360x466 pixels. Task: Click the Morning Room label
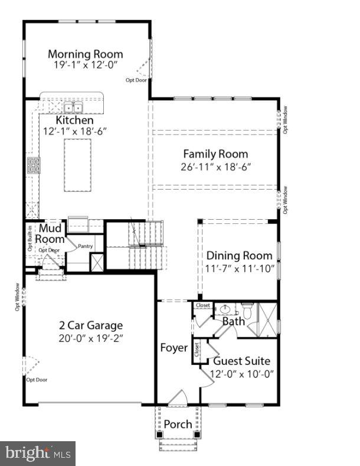86,54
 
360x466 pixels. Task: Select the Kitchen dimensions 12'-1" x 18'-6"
74,131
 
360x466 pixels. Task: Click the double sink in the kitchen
73,107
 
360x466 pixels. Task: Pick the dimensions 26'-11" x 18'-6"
215,167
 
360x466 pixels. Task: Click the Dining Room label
239,256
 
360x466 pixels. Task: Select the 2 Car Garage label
90,325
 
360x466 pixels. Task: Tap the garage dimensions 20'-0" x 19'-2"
90,338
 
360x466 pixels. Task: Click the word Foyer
174,348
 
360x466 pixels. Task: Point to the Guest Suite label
241,361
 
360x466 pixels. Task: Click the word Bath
233,322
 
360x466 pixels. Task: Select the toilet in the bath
248,310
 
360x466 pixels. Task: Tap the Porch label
178,424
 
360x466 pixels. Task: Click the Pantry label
85,246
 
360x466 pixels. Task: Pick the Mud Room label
50,233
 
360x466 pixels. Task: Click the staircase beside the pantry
146,243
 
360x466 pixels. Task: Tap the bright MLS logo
38,454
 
